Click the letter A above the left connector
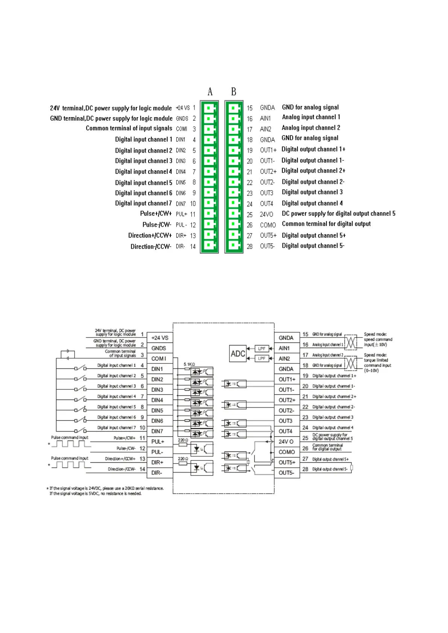[x=210, y=91]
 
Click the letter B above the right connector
[x=234, y=91]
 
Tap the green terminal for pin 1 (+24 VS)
[x=209, y=108]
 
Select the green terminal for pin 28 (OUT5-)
[x=234, y=246]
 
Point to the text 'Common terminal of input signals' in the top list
[x=129, y=128]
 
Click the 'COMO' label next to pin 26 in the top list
[x=268, y=225]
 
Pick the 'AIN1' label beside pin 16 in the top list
[x=265, y=118]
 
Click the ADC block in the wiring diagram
[x=238, y=354]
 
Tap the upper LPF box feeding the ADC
[x=262, y=348]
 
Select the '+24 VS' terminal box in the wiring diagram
[x=159, y=338]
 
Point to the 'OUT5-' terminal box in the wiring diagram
[x=286, y=472]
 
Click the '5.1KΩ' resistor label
[x=189, y=364]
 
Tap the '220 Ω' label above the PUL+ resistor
[x=183, y=439]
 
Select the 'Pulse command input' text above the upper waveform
[x=70, y=437]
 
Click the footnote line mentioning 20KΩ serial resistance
[x=106, y=488]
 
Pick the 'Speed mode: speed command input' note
[x=378, y=339]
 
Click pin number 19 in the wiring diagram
[x=305, y=376]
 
